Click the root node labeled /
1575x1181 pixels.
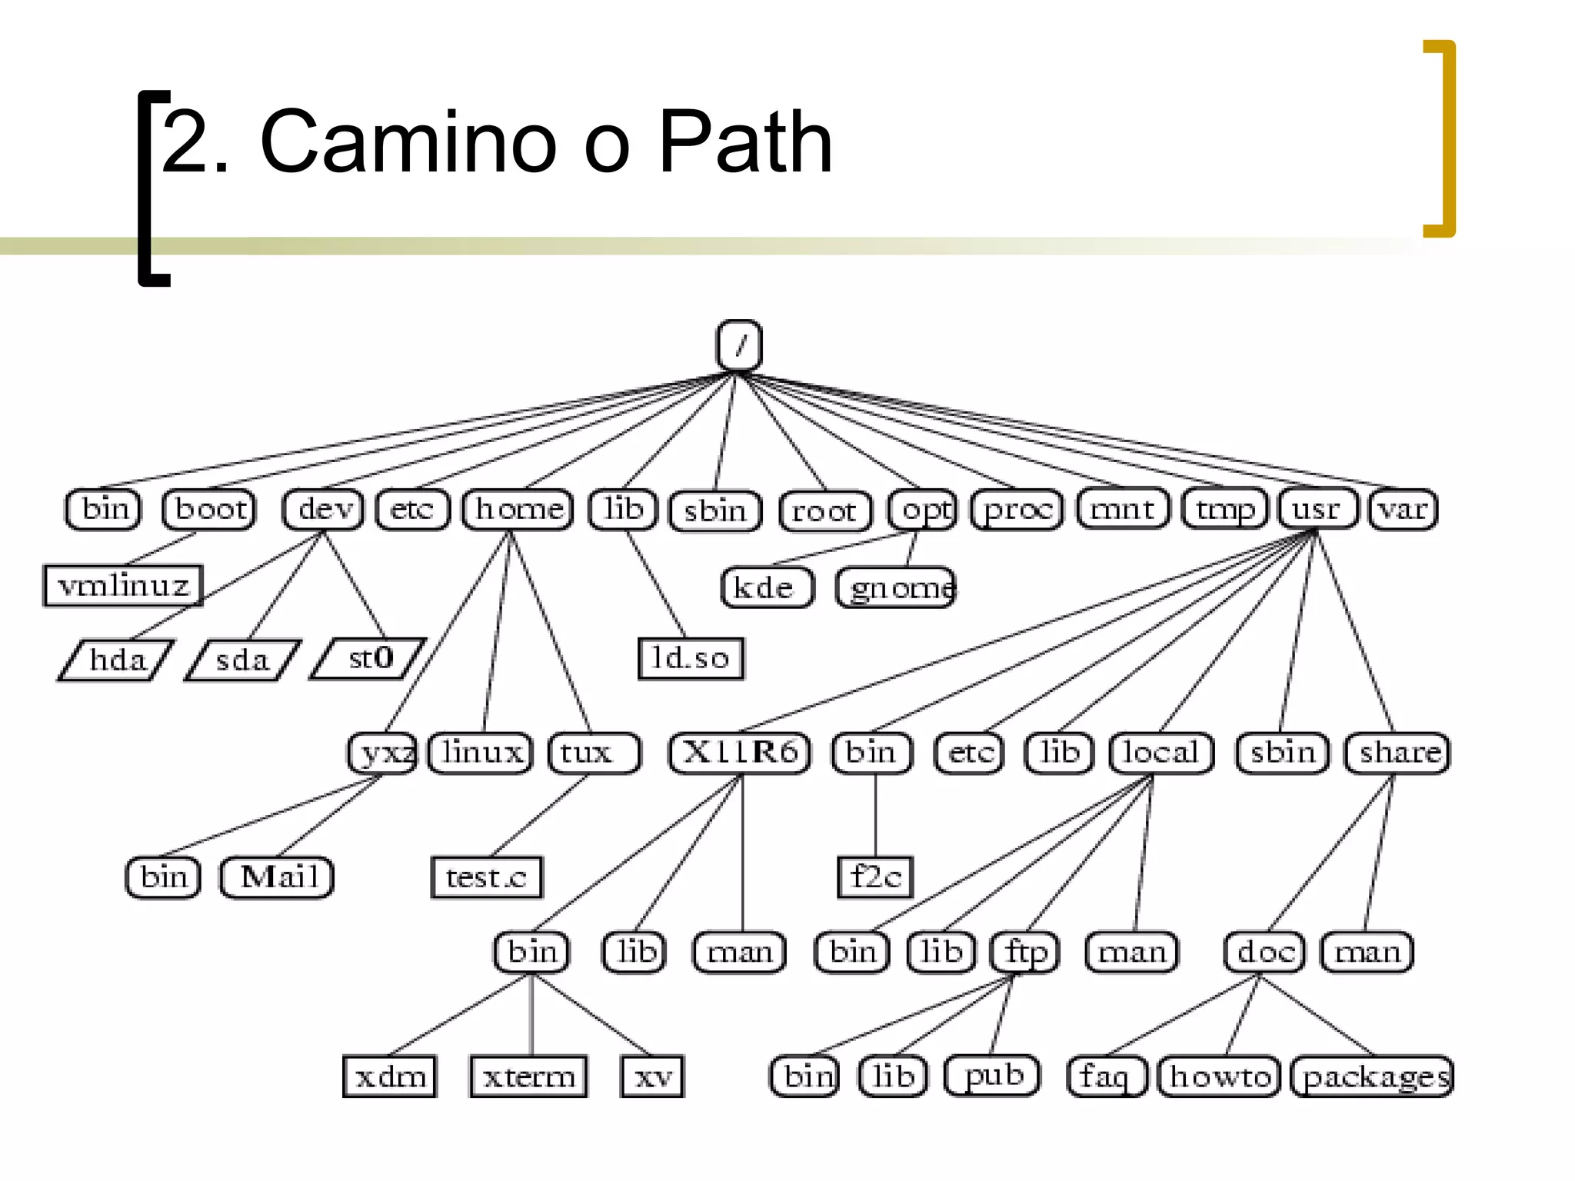739,346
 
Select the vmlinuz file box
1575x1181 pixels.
123,586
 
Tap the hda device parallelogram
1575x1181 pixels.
116,660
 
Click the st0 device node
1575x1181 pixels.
369,658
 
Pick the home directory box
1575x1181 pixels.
518,509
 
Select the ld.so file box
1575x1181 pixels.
691,658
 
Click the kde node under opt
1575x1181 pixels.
766,588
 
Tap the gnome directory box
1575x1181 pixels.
897,588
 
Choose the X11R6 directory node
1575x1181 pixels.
740,752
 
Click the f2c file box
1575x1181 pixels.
875,877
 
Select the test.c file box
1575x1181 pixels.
486,877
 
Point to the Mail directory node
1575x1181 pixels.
278,877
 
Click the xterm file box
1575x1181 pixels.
529,1076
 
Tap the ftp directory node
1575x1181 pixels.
1026,952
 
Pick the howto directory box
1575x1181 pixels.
1220,1076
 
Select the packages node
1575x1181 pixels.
1374,1076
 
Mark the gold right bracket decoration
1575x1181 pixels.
1446,138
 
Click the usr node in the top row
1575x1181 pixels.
1317,509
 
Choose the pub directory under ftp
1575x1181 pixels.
993,1075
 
